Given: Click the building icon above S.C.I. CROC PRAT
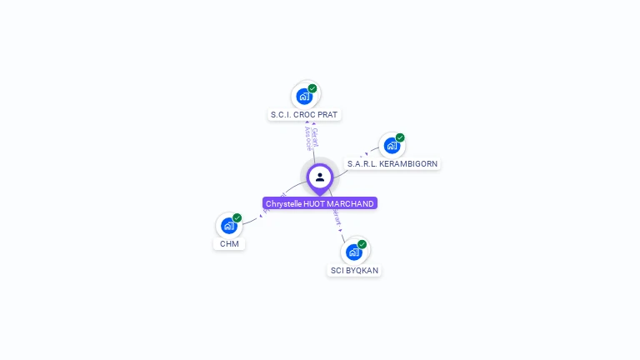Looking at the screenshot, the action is [x=305, y=96].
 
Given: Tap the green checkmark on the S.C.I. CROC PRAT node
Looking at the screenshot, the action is [x=312, y=88].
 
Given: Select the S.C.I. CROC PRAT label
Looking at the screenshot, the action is [x=305, y=114].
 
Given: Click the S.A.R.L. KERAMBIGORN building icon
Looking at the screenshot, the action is [x=392, y=145].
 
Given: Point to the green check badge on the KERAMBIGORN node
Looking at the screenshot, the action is [x=400, y=137].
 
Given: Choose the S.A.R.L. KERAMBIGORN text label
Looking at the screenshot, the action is [x=392, y=163].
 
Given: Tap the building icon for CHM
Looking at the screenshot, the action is [x=229, y=225].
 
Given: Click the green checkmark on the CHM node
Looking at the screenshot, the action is [x=237, y=217].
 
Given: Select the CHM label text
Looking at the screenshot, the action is [x=229, y=243].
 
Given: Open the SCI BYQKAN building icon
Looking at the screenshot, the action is [x=353, y=252].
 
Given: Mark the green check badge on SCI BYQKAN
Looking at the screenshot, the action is [x=362, y=244].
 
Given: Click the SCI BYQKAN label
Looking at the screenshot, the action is [x=354, y=270].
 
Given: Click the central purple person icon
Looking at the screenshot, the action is [x=320, y=177].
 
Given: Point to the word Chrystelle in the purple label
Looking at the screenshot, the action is [x=283, y=203].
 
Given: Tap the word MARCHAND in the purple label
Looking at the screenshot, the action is [x=350, y=203].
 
